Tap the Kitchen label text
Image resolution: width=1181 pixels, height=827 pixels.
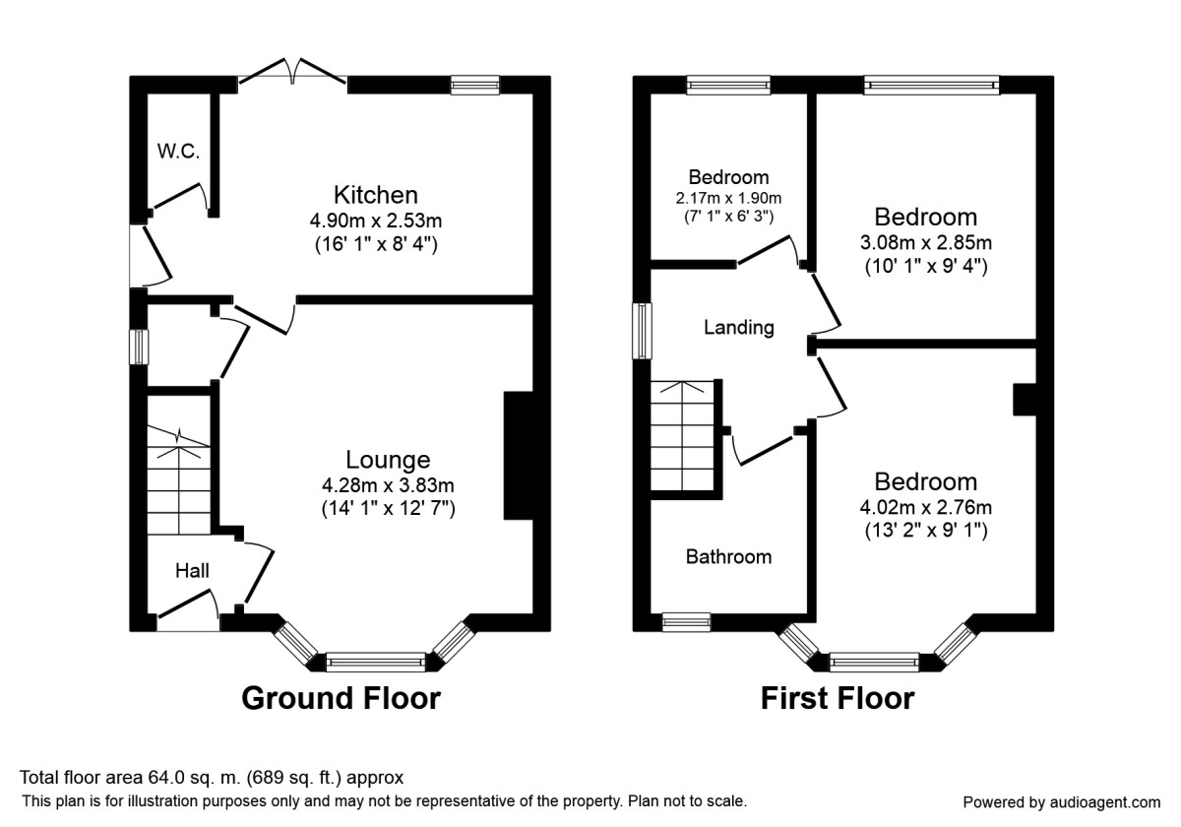tap(375, 194)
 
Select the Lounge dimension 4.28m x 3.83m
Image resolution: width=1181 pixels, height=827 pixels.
tap(388, 485)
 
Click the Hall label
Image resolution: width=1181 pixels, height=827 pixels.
tap(192, 570)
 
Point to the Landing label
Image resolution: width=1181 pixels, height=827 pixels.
tap(738, 328)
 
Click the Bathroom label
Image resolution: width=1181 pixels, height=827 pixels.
tap(728, 557)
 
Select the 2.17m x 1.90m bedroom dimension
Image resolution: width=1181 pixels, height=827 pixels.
tap(728, 198)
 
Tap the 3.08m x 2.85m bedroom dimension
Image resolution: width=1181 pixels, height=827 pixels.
tap(927, 242)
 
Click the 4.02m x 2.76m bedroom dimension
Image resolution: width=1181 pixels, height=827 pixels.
tap(926, 507)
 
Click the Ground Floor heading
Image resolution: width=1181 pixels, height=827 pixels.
tap(341, 698)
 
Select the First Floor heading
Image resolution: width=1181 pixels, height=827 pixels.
tap(837, 698)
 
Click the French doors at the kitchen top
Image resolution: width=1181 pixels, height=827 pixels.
tap(292, 75)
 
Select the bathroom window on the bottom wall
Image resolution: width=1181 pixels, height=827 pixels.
tap(686, 621)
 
